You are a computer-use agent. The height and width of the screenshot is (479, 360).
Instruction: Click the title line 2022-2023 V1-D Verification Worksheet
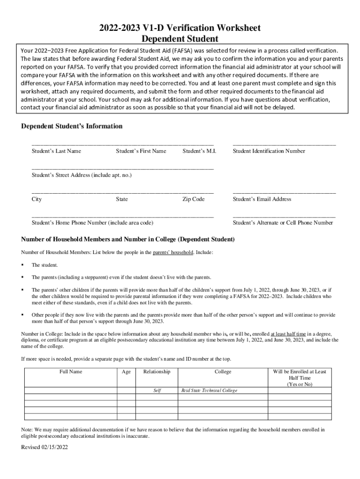pos(180,28)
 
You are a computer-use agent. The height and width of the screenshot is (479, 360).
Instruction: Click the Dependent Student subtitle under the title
pos(180,39)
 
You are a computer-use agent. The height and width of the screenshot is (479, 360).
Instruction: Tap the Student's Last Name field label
pos(56,151)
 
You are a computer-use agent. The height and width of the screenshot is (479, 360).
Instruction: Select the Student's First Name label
pos(141,151)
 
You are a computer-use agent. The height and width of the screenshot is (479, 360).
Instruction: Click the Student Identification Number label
pos(269,151)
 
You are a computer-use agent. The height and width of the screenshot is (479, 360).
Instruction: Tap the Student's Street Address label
pos(82,175)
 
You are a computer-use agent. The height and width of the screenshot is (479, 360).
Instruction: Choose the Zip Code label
pos(194,199)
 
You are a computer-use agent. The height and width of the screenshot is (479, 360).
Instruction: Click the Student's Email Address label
pos(262,199)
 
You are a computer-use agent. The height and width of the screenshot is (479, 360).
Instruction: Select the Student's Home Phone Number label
pos(92,223)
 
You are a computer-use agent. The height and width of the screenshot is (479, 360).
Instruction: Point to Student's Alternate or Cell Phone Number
pos(283,223)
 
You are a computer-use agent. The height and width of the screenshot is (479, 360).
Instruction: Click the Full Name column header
pos(71,372)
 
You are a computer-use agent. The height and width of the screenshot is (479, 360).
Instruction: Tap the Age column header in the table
pos(126,372)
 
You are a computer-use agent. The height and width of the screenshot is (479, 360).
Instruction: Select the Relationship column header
pos(157,372)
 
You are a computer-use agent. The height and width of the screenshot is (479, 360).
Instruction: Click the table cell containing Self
pos(157,391)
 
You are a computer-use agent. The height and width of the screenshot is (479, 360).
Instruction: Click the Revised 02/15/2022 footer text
pos(44,447)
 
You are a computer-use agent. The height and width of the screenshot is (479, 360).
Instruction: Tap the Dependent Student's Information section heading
pos(72,126)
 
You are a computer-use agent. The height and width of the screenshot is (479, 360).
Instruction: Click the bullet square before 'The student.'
pos(23,265)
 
